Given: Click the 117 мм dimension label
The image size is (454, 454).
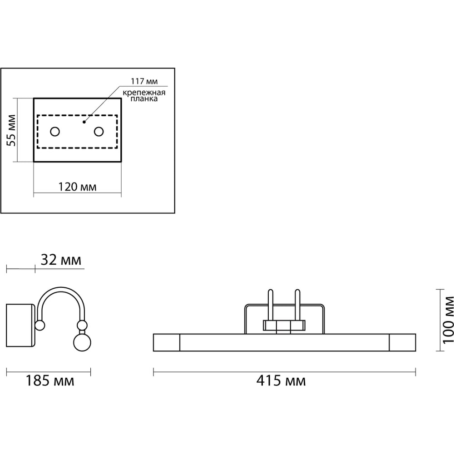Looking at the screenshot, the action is [144, 81].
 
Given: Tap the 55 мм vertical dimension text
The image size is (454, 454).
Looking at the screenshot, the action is [12, 130].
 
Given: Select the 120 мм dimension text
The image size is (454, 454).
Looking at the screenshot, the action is [77, 187].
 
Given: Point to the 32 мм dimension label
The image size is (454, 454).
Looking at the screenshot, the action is [61, 260].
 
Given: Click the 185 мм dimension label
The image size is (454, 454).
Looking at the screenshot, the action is [50, 380].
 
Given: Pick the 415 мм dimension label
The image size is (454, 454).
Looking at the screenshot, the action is [281, 380].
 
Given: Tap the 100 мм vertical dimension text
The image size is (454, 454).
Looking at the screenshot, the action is [448, 320].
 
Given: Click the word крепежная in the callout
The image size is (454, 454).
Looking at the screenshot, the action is [144, 93].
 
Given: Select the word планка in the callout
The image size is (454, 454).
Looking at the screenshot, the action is [144, 99].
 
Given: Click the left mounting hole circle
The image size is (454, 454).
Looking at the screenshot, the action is [55, 132].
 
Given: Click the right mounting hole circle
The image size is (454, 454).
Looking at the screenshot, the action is [99, 132].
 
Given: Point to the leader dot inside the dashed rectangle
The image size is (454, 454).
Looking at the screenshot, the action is [84, 122].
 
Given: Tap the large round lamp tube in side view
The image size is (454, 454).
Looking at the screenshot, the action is [82, 342].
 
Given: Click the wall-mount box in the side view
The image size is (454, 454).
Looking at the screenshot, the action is [20, 325].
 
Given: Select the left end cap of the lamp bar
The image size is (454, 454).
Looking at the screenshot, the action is [167, 342].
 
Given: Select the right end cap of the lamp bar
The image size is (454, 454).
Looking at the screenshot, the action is [402, 342].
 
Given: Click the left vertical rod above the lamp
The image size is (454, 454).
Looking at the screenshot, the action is [271, 305].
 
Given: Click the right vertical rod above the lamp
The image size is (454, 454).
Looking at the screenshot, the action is [297, 305].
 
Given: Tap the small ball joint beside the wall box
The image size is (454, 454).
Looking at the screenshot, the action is [40, 326].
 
